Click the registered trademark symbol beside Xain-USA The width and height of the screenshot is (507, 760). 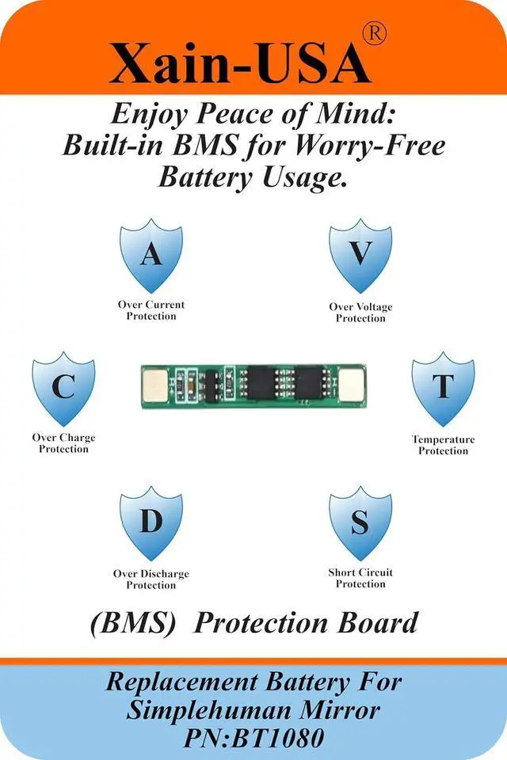click(375, 34)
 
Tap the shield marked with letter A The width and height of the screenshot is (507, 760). click(151, 256)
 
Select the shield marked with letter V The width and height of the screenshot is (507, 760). click(360, 256)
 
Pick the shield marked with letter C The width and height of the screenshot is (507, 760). click(63, 389)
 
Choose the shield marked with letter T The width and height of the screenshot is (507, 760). click(444, 389)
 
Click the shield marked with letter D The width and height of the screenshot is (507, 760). click(151, 523)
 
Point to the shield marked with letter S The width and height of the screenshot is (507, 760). click(360, 523)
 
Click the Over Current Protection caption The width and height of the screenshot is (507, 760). click(151, 310)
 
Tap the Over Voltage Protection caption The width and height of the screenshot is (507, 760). click(360, 313)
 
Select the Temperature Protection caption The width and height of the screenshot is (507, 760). click(444, 445)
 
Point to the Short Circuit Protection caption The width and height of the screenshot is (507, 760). click(360, 578)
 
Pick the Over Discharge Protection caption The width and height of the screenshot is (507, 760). click(151, 579)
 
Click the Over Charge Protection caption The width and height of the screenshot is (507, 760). click(63, 443)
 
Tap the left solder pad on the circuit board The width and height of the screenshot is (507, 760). click(155, 386)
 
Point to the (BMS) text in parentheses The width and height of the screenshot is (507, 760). click(133, 624)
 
